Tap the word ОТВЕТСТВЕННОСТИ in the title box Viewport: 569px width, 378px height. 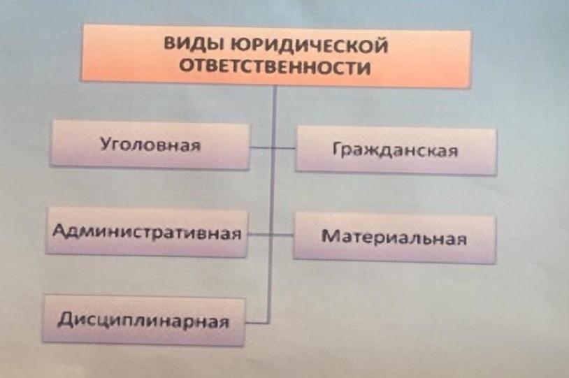click(x=275, y=67)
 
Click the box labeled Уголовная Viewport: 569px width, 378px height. click(x=150, y=145)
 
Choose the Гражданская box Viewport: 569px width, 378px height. click(x=396, y=150)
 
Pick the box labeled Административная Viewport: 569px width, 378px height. click(x=147, y=231)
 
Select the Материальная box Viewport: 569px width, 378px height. click(x=394, y=238)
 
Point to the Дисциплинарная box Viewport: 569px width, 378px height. click(x=144, y=320)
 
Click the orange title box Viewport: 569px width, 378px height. click(x=276, y=55)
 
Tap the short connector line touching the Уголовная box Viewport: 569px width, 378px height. click(x=261, y=147)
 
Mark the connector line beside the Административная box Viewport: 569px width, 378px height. click(x=259, y=235)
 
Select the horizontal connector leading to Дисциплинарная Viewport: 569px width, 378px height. click(x=257, y=322)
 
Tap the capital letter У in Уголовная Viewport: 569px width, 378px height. click(x=106, y=144)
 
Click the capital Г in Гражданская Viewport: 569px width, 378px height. click(x=337, y=149)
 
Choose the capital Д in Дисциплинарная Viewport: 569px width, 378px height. click(x=65, y=319)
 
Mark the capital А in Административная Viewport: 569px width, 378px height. click(x=60, y=230)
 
